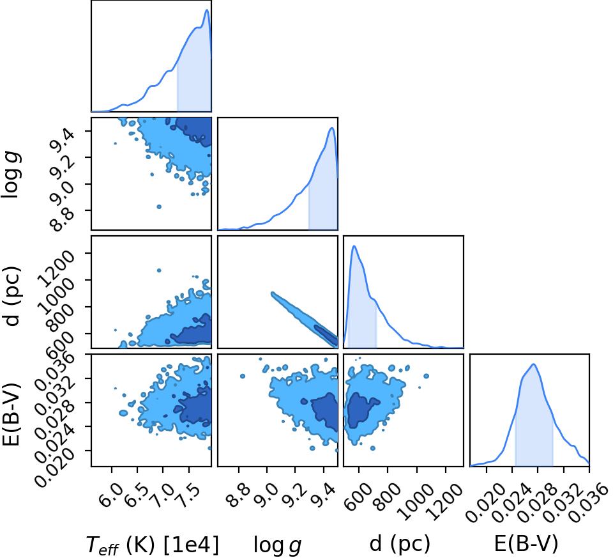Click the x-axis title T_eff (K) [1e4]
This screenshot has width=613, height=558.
point(152,545)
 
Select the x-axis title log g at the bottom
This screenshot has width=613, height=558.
point(278,545)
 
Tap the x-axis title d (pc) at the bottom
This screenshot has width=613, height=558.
point(400,544)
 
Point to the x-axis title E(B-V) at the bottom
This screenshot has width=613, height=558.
point(526,544)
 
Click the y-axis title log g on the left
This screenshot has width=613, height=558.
point(11,176)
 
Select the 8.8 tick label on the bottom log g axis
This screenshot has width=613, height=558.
point(236,494)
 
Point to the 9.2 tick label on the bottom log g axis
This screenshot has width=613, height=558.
point(293,494)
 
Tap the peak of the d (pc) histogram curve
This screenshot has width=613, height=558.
point(354,245)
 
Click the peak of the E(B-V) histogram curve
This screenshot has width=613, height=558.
point(533,364)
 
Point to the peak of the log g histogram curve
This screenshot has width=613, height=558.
point(332,128)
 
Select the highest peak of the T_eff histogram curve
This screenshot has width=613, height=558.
point(207,10)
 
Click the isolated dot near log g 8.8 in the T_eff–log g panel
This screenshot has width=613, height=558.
point(159,206)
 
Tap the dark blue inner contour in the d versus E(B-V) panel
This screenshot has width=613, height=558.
point(359,411)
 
